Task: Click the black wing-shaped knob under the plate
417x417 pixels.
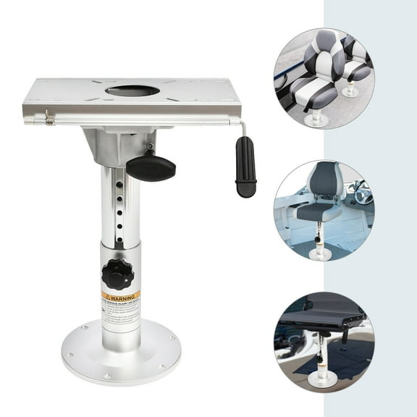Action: (151, 167)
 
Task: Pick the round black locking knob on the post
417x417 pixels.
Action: (117, 274)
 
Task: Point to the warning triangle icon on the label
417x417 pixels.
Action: (106, 296)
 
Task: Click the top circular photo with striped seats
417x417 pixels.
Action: (323, 78)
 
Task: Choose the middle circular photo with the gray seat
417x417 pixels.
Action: (323, 211)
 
